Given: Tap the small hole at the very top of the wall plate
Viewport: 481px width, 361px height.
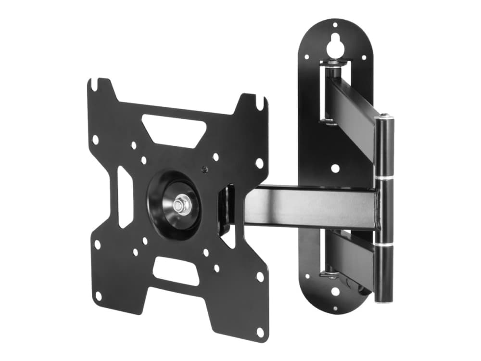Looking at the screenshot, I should [335, 26].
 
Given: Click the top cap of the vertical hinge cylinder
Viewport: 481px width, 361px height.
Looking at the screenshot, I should [385, 116].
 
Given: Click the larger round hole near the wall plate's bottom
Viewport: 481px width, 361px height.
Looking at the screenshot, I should [335, 291].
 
